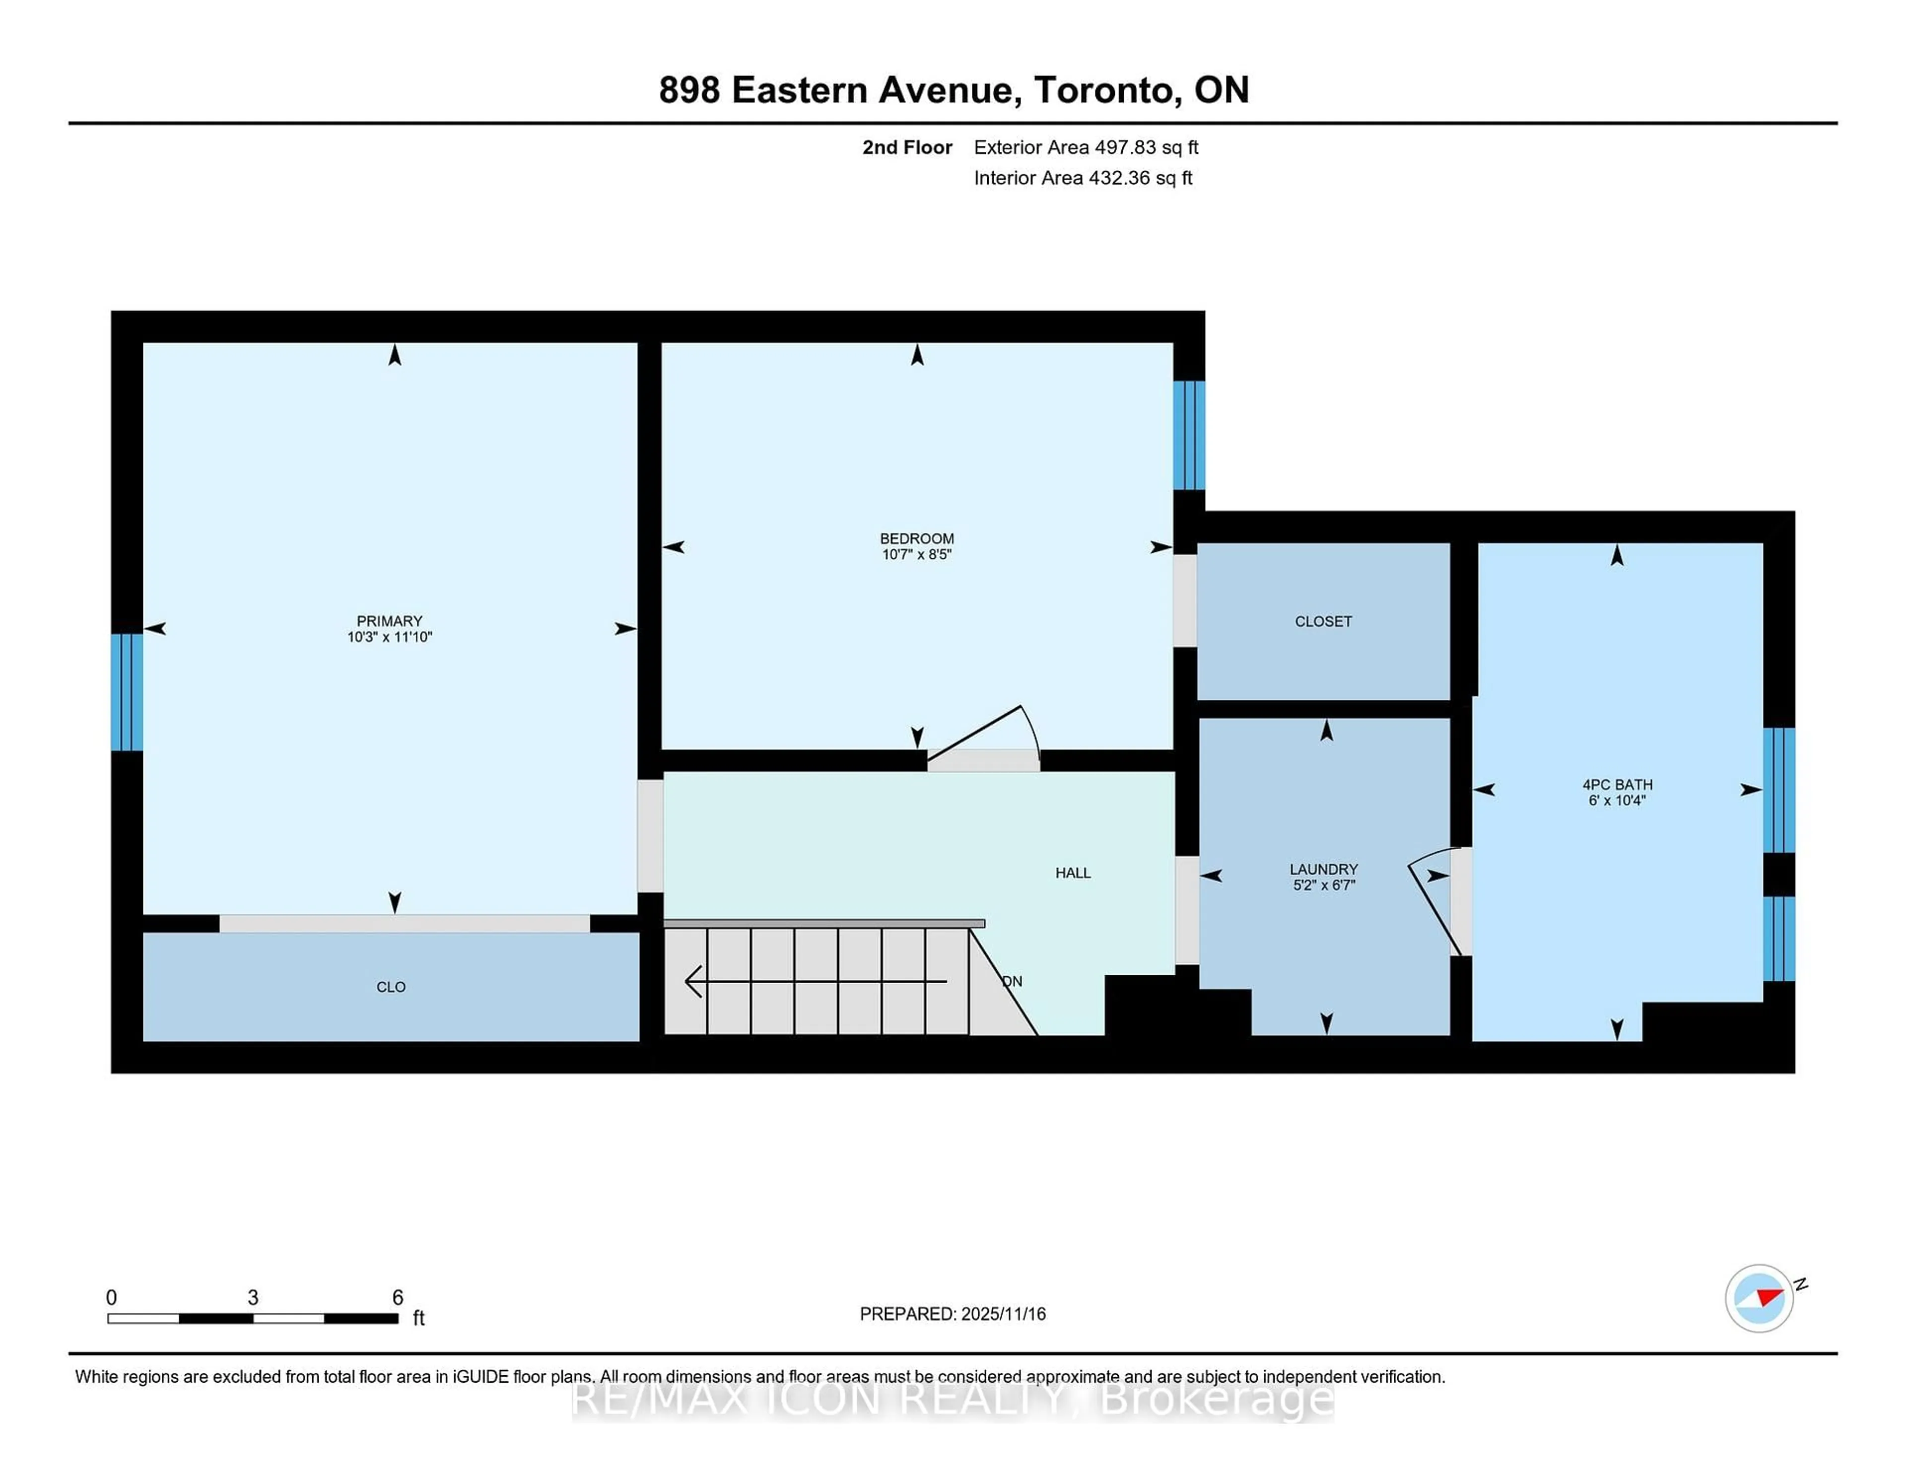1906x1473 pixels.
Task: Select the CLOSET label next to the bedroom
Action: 1323,621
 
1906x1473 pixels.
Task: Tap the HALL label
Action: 1073,872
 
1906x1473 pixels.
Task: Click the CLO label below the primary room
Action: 391,987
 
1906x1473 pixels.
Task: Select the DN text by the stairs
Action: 1012,981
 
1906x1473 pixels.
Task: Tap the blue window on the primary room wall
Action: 127,692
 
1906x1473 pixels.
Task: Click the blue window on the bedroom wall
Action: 1189,435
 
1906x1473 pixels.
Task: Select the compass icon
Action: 1759,1298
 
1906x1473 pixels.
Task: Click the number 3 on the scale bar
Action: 253,1297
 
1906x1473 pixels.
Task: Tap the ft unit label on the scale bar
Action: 419,1318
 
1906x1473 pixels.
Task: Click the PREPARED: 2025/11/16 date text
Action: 952,1313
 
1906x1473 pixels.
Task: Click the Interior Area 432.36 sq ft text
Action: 1083,178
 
